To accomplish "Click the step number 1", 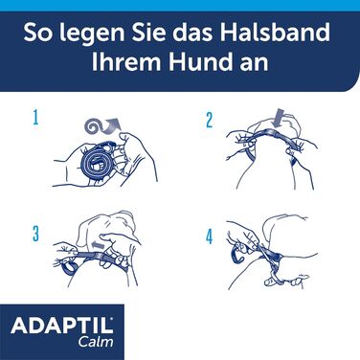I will [34, 119].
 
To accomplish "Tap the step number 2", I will [207, 121].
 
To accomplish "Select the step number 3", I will [34, 232].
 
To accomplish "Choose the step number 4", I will [207, 232].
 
